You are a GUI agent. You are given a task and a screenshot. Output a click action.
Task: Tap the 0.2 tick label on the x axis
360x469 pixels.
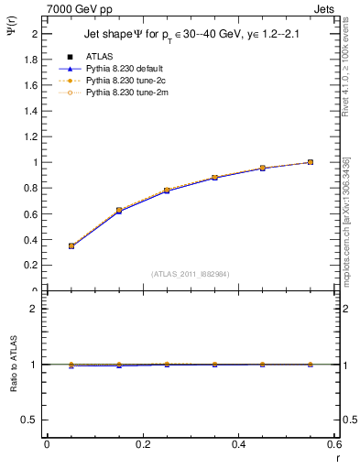142,444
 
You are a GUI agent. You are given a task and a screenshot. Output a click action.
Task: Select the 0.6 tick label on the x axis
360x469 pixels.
333,444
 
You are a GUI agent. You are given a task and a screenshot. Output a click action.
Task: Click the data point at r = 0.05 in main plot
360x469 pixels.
71,245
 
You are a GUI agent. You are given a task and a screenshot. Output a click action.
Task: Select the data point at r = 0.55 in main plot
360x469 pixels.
311,162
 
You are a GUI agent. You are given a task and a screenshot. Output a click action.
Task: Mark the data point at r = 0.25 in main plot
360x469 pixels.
167,191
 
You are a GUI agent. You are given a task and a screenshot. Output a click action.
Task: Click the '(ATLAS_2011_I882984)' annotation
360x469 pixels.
190,273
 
